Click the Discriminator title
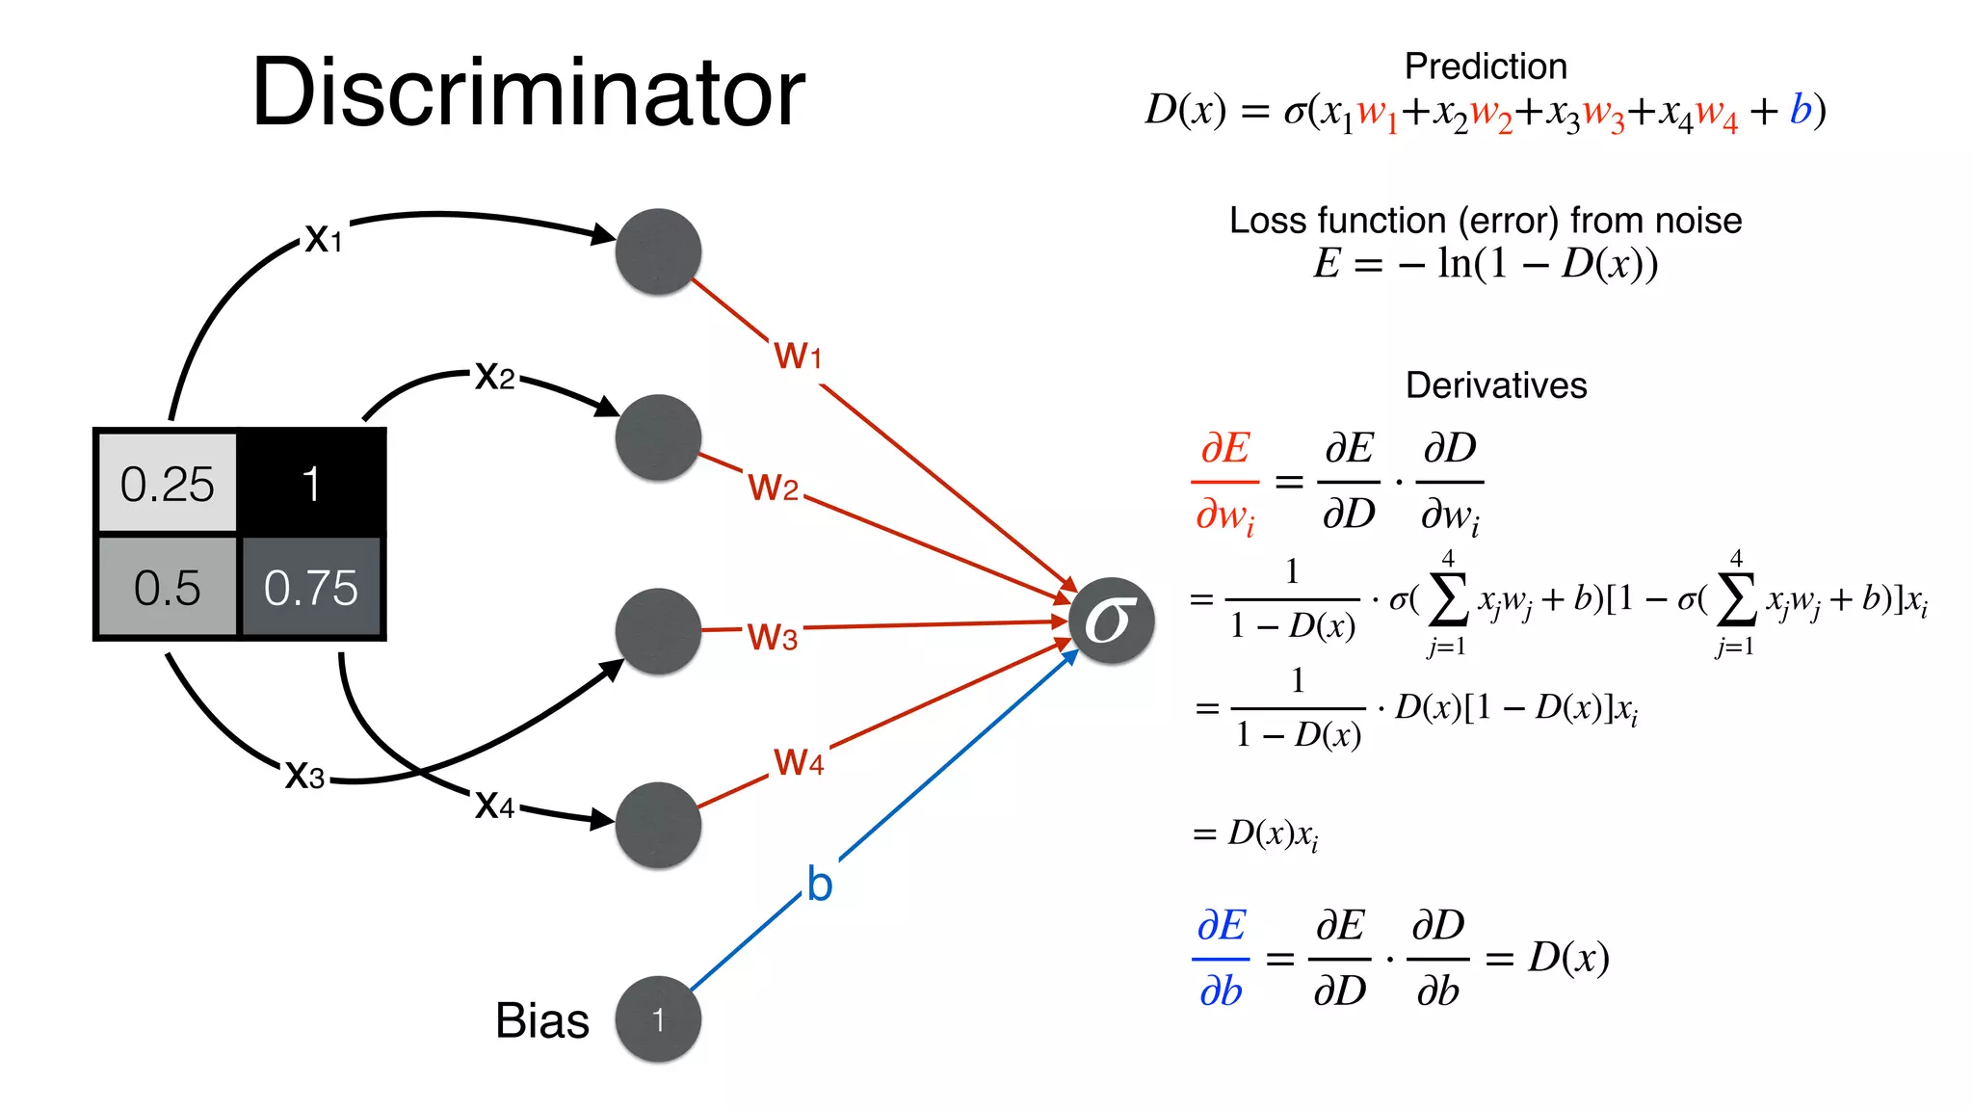[x=528, y=92]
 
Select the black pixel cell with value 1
[x=310, y=483]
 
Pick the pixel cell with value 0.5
[x=168, y=588]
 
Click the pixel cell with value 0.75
[x=310, y=588]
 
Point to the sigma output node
[x=1111, y=621]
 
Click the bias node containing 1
[x=658, y=1019]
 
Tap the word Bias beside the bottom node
[x=541, y=1020]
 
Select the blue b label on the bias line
[x=819, y=885]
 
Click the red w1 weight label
[x=798, y=356]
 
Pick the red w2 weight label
[x=773, y=488]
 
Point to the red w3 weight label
[x=773, y=637]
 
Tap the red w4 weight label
[x=799, y=762]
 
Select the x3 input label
[x=304, y=775]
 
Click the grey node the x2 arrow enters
[x=658, y=437]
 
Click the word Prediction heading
[x=1486, y=66]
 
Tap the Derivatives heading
[x=1496, y=385]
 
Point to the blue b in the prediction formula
[x=1800, y=110]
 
